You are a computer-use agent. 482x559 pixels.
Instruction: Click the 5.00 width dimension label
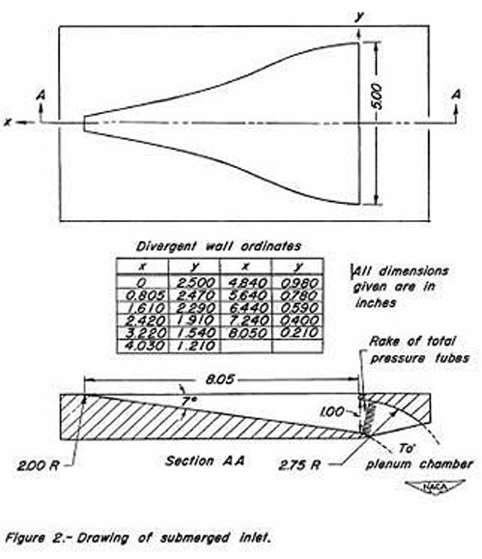[376, 96]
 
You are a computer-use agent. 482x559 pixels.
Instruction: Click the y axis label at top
[359, 16]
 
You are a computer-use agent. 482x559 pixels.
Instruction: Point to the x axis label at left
[7, 122]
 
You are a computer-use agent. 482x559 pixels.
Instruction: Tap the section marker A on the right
[456, 94]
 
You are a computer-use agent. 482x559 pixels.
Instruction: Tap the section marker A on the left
[42, 95]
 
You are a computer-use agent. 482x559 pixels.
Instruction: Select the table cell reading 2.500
[195, 282]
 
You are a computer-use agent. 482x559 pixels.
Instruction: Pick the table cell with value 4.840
[247, 282]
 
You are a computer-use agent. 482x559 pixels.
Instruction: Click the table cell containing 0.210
[299, 332]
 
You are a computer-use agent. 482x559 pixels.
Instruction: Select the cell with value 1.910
[195, 320]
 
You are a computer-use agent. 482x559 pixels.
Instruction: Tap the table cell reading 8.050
[247, 332]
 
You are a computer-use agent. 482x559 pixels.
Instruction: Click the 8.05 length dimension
[220, 379]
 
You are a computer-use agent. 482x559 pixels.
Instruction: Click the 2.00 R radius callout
[38, 466]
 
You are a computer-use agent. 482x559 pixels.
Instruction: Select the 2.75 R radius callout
[300, 465]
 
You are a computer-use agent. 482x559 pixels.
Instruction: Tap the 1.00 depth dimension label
[332, 412]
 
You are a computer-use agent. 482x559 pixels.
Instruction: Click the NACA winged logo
[435, 487]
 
